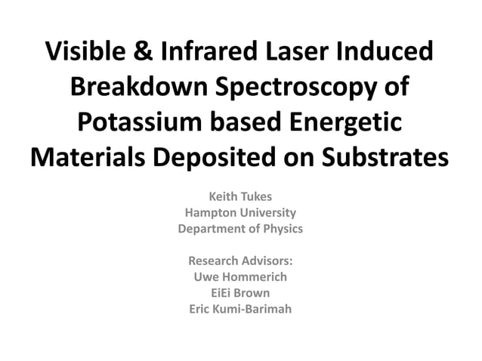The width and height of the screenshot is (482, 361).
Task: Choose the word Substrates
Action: click(378, 159)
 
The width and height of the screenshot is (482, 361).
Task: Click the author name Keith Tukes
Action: click(240, 197)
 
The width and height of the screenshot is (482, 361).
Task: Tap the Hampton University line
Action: click(240, 213)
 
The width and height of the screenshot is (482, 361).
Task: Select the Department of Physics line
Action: click(240, 229)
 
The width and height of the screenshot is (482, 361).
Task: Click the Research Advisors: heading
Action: click(240, 261)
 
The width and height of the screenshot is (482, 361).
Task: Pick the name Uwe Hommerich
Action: click(240, 276)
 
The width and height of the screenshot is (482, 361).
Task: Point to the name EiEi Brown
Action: click(240, 292)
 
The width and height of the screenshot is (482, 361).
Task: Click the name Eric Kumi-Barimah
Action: click(240, 308)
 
